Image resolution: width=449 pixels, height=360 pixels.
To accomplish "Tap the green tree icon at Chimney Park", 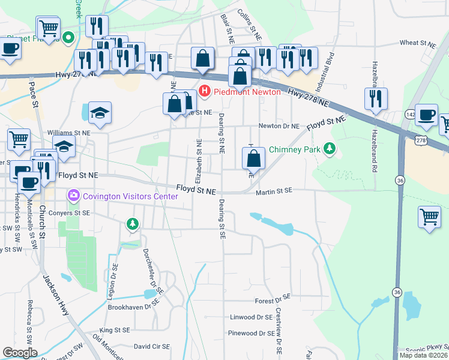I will click(328, 148).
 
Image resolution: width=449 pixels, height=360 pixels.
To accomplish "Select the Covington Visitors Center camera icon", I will click(74, 195).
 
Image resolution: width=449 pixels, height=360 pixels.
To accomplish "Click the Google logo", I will click(20, 352).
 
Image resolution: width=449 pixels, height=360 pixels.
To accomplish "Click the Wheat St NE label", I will click(417, 43).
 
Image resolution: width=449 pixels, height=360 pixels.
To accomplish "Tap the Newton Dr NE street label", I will click(279, 126).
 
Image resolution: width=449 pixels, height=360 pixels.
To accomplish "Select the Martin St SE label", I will click(274, 190).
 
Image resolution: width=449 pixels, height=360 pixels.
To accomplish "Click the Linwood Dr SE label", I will click(251, 317).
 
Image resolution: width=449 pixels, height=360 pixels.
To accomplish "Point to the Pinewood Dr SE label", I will click(251, 333).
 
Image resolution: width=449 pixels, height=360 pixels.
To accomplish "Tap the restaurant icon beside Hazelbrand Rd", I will click(376, 98).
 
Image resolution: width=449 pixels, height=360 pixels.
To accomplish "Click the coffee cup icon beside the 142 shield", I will click(427, 115).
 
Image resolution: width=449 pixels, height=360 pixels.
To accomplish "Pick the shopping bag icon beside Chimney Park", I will click(254, 158).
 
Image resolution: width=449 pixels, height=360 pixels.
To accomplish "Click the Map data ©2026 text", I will click(423, 355).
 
